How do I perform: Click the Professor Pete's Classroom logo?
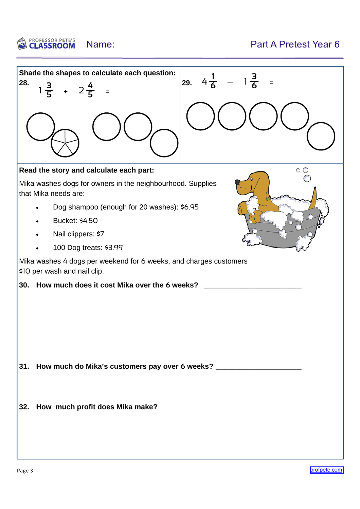[46, 44]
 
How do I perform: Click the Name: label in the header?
[100, 44]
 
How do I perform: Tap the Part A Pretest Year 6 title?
[295, 44]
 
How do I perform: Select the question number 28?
[24, 83]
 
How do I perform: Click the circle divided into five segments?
[65, 143]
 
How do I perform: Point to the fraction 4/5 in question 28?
[90, 90]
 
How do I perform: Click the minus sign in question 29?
[230, 83]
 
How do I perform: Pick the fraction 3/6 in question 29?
[254, 81]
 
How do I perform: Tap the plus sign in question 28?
[66, 92]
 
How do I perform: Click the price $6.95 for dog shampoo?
[189, 207]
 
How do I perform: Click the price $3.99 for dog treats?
[113, 248]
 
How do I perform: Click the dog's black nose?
[237, 182]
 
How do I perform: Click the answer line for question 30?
[252, 287]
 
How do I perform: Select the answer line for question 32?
[232, 409]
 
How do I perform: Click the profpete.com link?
[326, 470]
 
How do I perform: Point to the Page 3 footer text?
[25, 471]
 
